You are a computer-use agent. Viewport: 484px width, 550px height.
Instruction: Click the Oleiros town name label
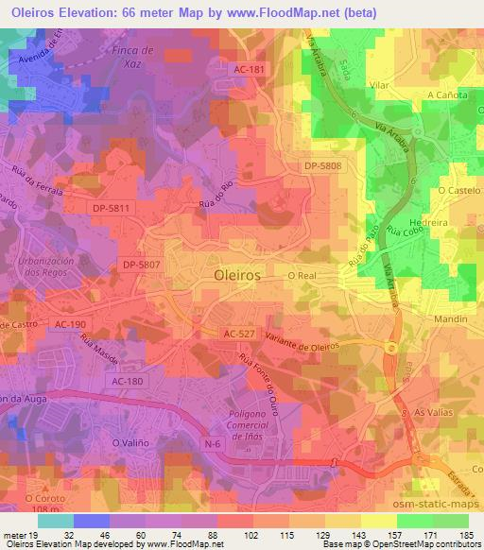tap(232, 279)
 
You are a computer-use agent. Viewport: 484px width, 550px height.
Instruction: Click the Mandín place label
tap(448, 319)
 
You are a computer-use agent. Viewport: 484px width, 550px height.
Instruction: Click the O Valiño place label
tap(130, 442)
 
